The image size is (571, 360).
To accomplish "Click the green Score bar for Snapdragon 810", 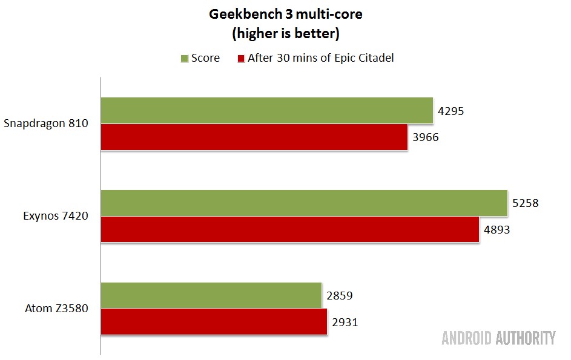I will click(266, 110).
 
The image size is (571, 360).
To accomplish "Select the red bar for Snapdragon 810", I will click(254, 137).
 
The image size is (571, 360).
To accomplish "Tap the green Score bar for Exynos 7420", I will click(303, 203).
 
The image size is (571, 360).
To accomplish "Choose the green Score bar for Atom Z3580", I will click(211, 295).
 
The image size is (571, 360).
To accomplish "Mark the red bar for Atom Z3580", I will click(213, 322).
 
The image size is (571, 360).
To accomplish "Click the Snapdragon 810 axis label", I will click(46, 123).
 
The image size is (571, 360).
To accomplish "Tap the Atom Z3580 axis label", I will click(58, 309).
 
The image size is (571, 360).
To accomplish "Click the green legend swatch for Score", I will click(185, 59).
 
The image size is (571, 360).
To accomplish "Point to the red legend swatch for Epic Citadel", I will click(240, 59).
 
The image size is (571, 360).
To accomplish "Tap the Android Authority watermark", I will click(498, 338).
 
